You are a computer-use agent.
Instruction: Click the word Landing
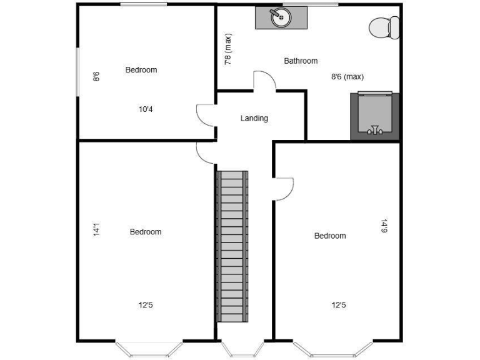[254, 118]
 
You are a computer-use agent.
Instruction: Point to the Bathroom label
[301, 61]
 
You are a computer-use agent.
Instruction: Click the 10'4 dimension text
[146, 109]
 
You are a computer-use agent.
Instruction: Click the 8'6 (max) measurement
[347, 77]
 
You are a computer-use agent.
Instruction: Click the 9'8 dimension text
[96, 76]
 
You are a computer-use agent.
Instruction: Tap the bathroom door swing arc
[264, 81]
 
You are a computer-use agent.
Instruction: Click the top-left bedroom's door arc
[206, 115]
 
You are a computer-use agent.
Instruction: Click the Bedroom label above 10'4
[141, 70]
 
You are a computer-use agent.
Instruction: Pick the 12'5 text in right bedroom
[339, 306]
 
